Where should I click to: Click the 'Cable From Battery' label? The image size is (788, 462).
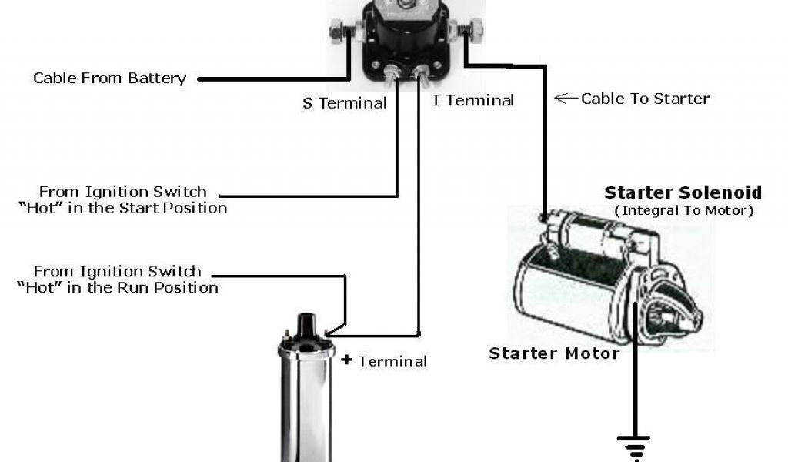[110, 78]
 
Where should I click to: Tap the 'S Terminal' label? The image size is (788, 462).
[344, 102]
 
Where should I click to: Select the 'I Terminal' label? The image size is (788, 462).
[472, 100]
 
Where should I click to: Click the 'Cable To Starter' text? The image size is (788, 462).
[645, 98]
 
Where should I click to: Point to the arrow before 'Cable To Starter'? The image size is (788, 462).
[566, 98]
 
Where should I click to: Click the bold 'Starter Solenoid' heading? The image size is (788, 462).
[683, 192]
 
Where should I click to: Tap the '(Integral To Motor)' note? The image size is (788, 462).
[683, 209]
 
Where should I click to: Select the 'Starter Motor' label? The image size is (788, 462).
[554, 353]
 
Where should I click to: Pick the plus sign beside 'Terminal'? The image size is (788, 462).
[346, 360]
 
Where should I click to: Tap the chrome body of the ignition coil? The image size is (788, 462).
[306, 408]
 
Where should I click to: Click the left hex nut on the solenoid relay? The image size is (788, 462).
[337, 33]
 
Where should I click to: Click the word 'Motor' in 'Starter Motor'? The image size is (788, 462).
[592, 353]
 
